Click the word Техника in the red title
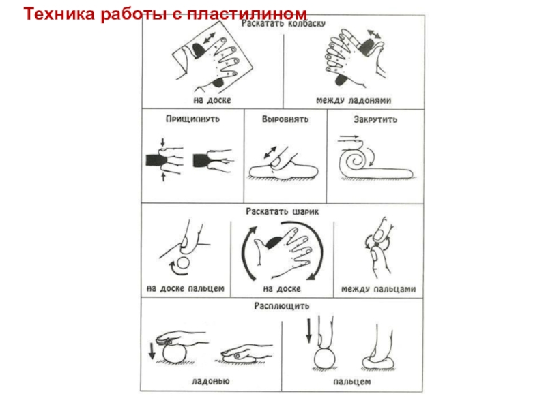[x=59, y=14]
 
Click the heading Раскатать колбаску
[x=283, y=24]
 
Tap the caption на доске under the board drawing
[x=212, y=100]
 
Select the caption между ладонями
[x=354, y=100]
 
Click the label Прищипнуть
[x=192, y=119]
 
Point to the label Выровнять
[x=285, y=119]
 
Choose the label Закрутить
[x=375, y=120]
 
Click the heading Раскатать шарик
[x=282, y=211]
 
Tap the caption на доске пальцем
[x=185, y=288]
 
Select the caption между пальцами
[x=378, y=289]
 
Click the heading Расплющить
[x=282, y=306]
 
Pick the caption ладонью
[x=211, y=381]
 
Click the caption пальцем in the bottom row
[x=351, y=382]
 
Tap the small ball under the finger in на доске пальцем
[x=184, y=262]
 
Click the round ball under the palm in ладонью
[x=175, y=352]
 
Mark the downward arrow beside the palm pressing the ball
[x=152, y=351]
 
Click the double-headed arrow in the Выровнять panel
[x=270, y=153]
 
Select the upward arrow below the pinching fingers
[x=163, y=177]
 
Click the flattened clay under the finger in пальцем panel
[x=378, y=364]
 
